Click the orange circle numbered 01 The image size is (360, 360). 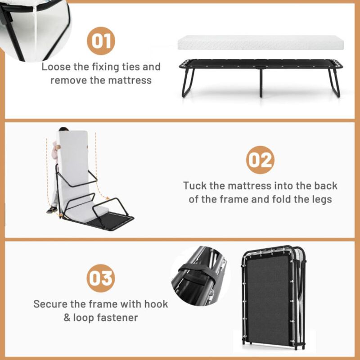pos(101,40)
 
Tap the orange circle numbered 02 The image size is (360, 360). pos(260,160)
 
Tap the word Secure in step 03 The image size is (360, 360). pos(50,304)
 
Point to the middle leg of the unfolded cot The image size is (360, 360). pos(260,83)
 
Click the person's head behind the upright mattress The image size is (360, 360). pos(62,130)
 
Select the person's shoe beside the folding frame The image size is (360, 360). pos(52,209)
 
